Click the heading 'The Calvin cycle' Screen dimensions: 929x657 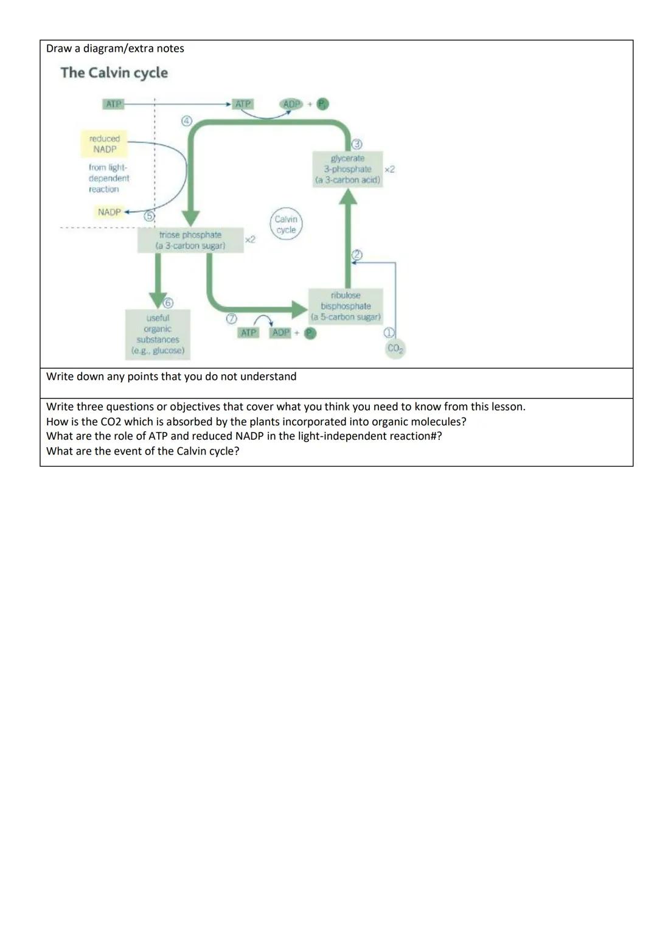[114, 72]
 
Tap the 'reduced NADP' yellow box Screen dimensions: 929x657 [105, 144]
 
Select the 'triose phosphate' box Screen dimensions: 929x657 [190, 240]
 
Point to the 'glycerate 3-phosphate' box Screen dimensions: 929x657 [347, 169]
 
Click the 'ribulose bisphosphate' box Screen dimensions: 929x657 [346, 306]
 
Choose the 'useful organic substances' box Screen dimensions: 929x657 [158, 334]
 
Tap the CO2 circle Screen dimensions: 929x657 [395, 349]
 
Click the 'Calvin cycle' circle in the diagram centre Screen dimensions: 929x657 [286, 224]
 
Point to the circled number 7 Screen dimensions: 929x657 [231, 318]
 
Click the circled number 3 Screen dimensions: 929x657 [357, 144]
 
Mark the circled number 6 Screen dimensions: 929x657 [168, 302]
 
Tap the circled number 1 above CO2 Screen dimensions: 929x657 [389, 333]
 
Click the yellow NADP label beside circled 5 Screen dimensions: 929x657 [109, 212]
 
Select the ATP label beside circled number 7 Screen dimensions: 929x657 [248, 333]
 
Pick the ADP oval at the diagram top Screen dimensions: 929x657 [292, 104]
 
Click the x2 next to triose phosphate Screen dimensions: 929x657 [250, 240]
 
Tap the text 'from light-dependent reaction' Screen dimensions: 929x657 [109, 178]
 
